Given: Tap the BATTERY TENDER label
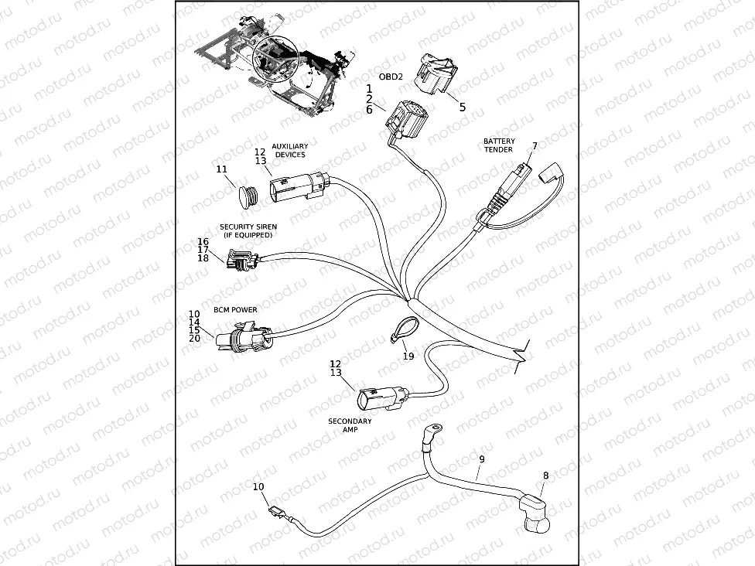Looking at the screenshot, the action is [499, 145].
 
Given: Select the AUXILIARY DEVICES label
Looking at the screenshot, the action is [290, 150].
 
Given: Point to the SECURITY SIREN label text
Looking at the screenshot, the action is [248, 230].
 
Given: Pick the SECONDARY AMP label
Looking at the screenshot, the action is [350, 426].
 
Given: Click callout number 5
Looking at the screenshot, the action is [463, 107].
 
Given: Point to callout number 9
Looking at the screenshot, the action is [481, 459].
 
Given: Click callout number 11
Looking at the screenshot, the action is [221, 169].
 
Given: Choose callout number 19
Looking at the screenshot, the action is [408, 356].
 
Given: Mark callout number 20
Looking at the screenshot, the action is [194, 338].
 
